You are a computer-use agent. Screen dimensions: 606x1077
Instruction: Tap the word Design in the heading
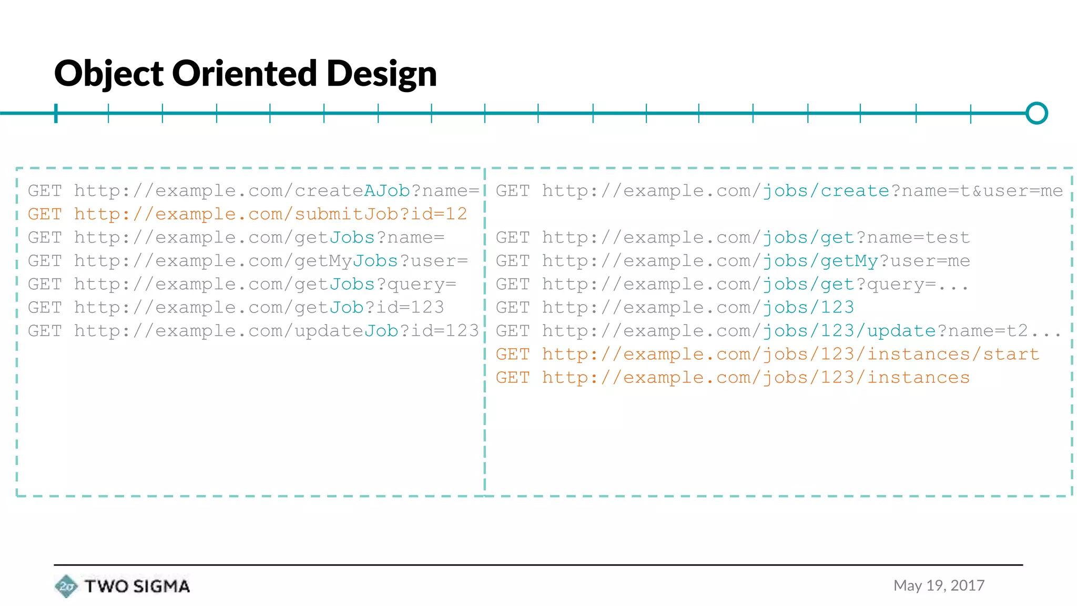click(381, 74)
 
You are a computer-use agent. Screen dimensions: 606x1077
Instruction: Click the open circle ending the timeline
click(1037, 113)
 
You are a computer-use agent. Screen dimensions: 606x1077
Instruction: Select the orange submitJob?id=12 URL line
click(247, 214)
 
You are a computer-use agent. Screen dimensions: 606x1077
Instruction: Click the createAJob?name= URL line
click(253, 191)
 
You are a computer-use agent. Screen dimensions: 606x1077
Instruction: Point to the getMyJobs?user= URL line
click(248, 261)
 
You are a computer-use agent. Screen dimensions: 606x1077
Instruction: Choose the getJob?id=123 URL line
click(236, 307)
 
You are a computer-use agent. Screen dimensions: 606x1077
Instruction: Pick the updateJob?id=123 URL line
click(253, 331)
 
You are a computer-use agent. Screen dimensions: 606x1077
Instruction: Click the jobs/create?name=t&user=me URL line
click(779, 191)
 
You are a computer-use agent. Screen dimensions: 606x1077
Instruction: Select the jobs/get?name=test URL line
click(733, 238)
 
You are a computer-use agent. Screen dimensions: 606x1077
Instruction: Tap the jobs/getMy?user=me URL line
click(733, 261)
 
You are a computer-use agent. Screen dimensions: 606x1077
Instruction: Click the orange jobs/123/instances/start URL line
click(767, 354)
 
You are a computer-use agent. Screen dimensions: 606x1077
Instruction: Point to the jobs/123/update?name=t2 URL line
click(779, 331)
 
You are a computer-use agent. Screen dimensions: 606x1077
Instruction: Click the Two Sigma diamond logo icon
click(66, 586)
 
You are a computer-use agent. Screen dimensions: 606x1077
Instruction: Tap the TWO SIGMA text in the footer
click(137, 586)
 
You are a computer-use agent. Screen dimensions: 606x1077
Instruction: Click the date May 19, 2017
click(939, 585)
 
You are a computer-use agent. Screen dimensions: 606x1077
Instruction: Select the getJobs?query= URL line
click(242, 284)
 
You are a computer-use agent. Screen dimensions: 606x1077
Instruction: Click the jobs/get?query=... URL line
click(732, 284)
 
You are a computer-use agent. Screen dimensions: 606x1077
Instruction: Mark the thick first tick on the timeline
click(56, 113)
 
